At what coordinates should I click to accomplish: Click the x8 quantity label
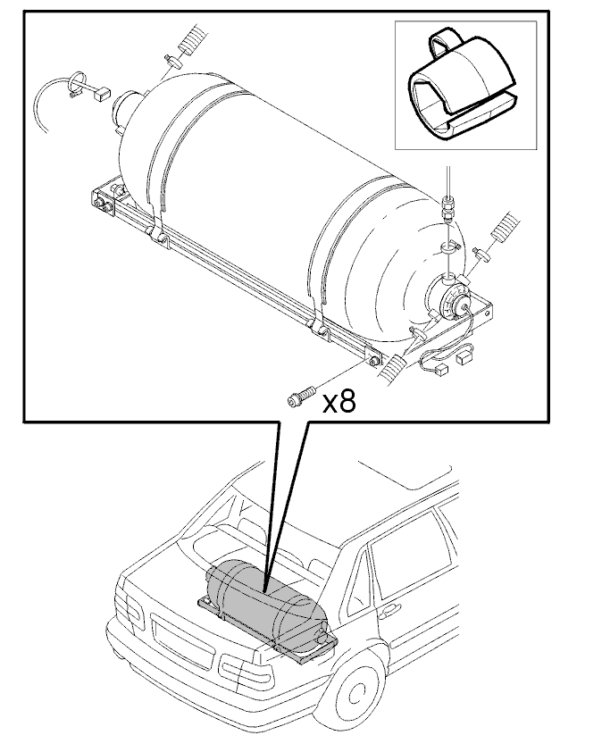pos(339,403)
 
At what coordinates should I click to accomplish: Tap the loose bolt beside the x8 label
pos(301,397)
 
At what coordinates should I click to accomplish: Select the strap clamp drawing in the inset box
pos(463,85)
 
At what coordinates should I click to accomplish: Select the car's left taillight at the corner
pos(130,610)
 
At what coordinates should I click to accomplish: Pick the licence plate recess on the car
pos(181,640)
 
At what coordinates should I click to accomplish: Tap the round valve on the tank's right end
pos(453,302)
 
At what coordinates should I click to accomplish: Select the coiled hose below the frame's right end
pos(393,368)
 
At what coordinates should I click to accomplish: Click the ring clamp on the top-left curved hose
pos(79,82)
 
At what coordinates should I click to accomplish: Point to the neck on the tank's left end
pos(126,108)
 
